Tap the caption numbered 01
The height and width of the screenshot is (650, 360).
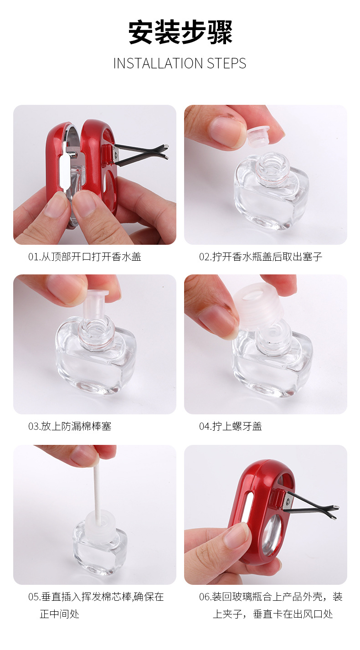(x=85, y=257)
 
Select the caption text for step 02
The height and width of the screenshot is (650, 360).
(x=260, y=257)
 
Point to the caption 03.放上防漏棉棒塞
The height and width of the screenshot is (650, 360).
(x=70, y=427)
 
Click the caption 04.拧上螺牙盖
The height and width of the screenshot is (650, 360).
(x=230, y=427)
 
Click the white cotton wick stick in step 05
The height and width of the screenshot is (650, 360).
(x=97, y=483)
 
